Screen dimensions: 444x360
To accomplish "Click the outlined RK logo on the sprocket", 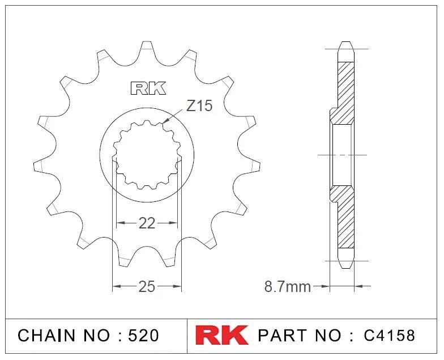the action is coord(148,88).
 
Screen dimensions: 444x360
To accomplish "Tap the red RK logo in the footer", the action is coord(222,335).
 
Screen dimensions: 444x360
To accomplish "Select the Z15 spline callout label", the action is coord(199,106).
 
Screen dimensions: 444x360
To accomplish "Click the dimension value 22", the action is coord(147,223).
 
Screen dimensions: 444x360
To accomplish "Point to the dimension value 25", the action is coord(147,286).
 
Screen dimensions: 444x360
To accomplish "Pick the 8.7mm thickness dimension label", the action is coord(288,286).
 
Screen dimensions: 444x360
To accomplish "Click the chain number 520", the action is coord(143,336).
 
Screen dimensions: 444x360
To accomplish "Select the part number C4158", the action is coord(389,336).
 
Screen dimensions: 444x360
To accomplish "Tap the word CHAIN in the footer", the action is coord(46,336).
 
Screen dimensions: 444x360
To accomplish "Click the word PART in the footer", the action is coord(282,336).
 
